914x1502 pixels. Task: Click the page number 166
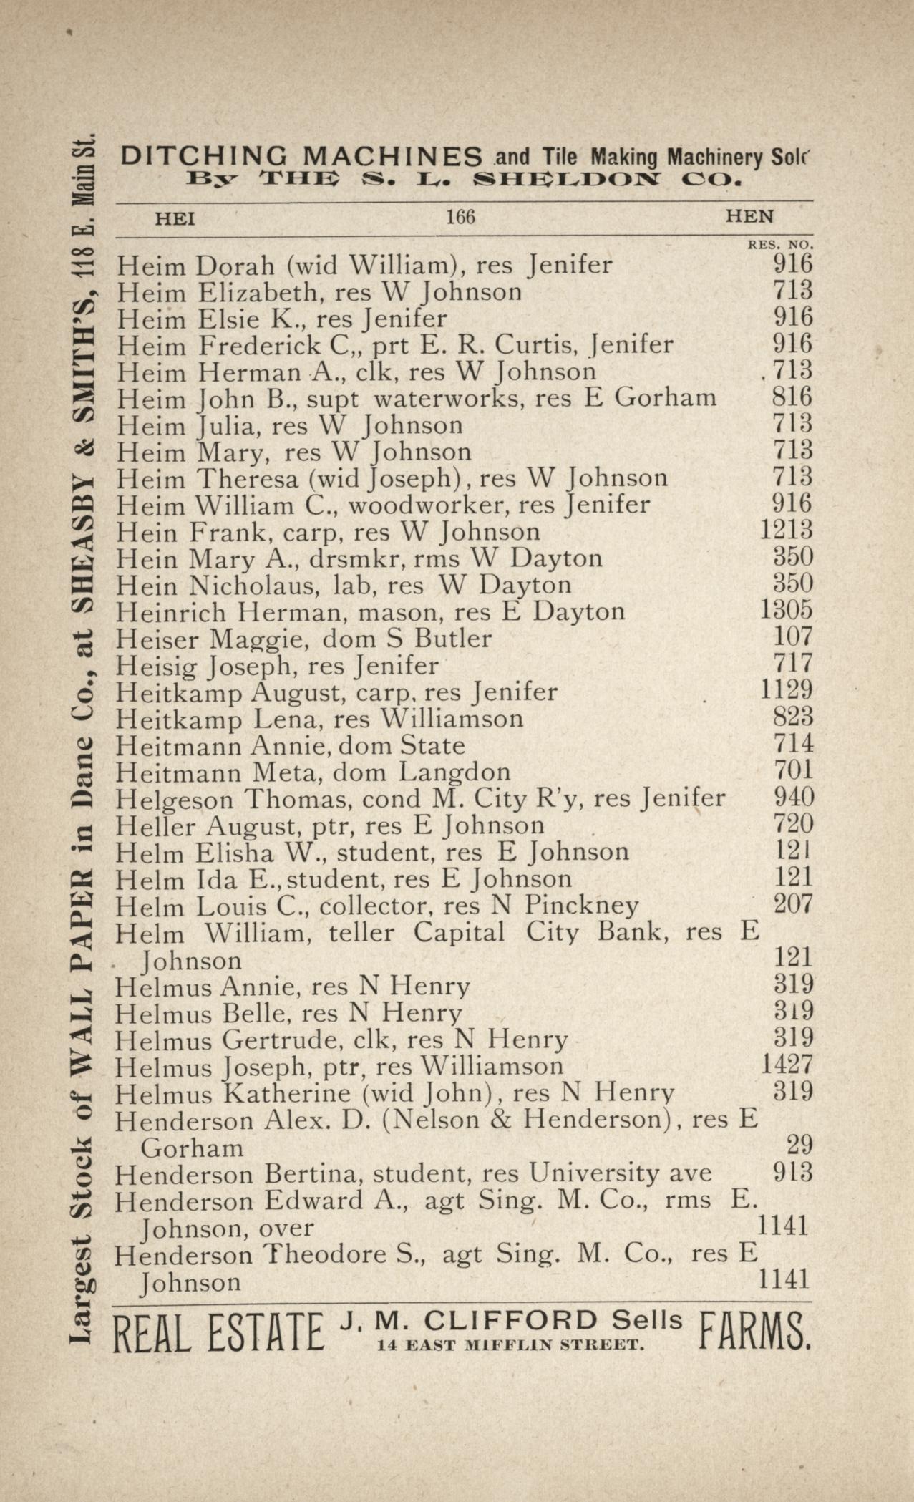[460, 217]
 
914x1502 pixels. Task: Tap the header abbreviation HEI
[175, 218]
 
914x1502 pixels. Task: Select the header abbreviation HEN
[749, 216]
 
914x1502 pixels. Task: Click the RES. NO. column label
[780, 245]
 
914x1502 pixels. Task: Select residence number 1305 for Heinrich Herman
[785, 610]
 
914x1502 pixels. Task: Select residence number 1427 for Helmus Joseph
[786, 1065]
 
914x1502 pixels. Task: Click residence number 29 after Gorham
[799, 1145]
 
